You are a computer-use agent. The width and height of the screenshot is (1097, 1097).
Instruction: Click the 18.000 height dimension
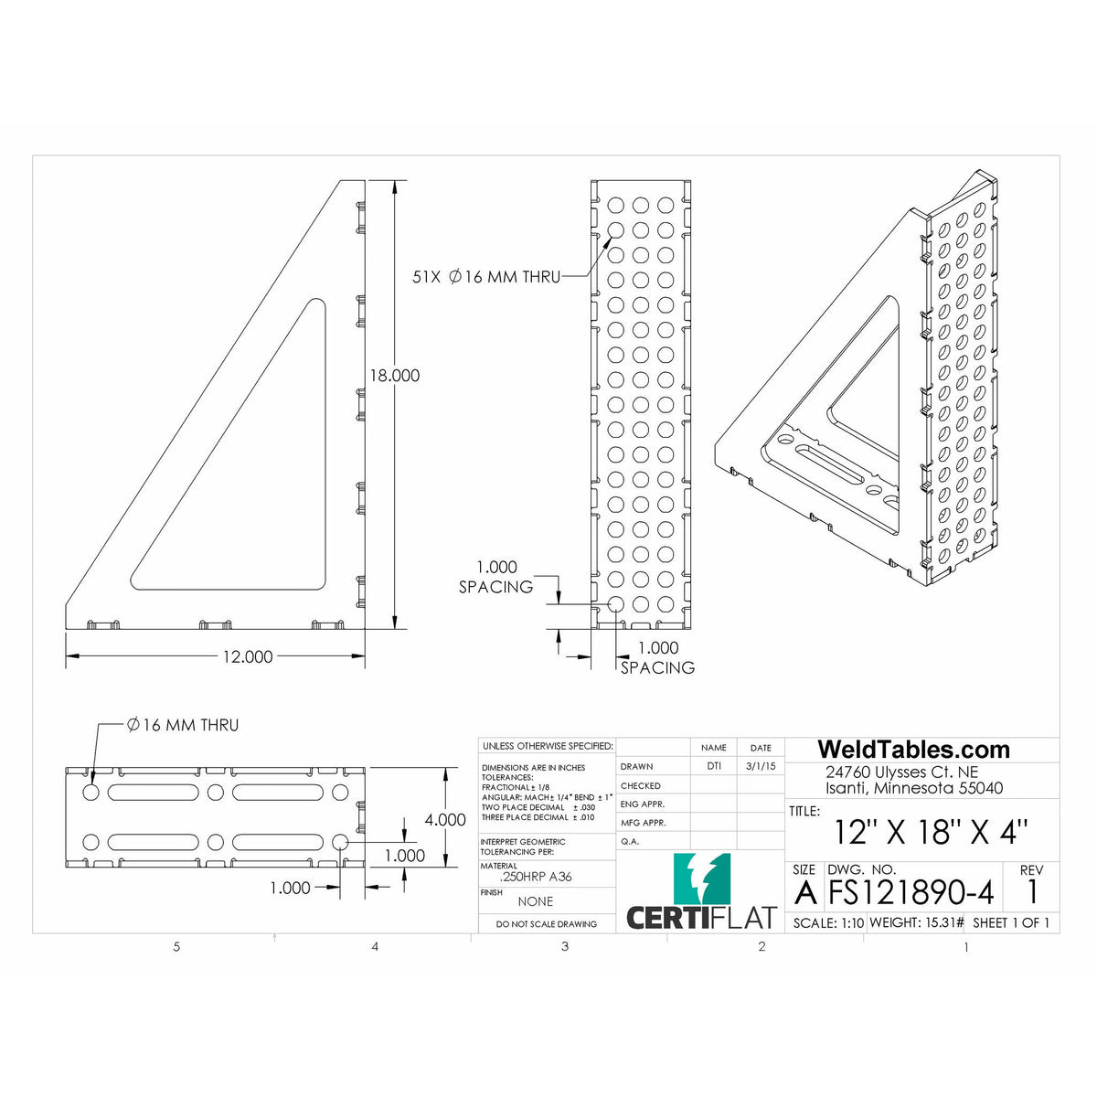(394, 375)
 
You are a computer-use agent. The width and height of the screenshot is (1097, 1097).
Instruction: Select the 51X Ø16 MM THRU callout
(486, 276)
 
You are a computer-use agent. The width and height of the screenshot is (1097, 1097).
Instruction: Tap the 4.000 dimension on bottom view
(444, 820)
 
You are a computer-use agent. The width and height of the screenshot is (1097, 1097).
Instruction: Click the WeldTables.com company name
(912, 751)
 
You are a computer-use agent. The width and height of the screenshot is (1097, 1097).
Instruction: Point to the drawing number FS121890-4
(915, 892)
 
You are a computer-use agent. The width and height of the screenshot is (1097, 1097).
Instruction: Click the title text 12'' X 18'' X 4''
(931, 833)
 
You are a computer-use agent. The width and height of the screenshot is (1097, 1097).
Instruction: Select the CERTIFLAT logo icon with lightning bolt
(701, 879)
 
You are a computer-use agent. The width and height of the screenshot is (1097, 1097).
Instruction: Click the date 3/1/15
(760, 766)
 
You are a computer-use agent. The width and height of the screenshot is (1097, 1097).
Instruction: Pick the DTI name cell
(713, 766)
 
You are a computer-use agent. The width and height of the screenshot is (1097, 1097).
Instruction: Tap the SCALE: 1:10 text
(828, 922)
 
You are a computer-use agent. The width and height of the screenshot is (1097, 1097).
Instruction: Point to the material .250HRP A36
(536, 877)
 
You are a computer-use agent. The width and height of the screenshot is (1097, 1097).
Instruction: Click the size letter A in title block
(805, 891)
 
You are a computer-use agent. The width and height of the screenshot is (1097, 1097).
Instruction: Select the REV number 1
(1032, 891)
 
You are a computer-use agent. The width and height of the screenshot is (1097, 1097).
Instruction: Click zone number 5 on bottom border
(176, 947)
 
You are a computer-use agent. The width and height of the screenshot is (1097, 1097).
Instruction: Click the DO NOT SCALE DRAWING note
(547, 924)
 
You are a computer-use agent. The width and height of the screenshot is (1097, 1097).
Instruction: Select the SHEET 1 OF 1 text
(1010, 922)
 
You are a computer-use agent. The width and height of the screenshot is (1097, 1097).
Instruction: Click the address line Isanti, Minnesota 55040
(913, 788)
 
